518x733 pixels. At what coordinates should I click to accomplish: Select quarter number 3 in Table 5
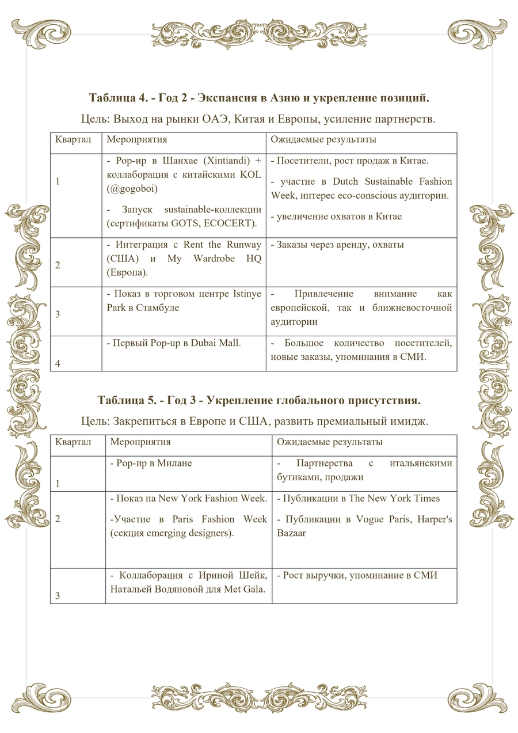coord(58,596)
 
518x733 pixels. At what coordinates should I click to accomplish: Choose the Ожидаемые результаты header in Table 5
coord(329,442)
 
